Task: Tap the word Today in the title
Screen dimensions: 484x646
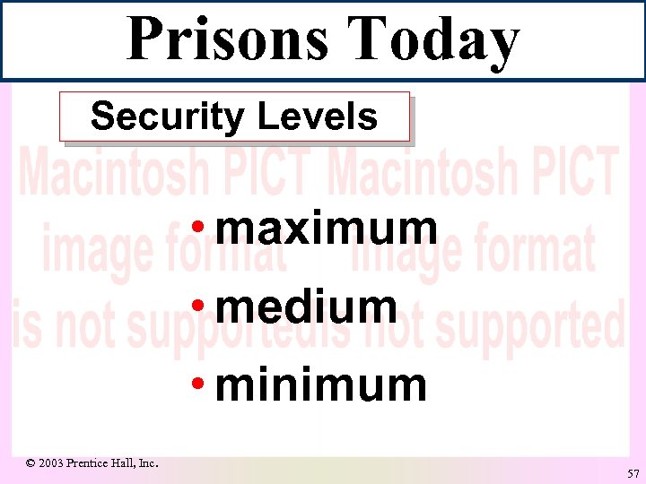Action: coord(433,41)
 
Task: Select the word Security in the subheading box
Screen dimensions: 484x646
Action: coord(168,117)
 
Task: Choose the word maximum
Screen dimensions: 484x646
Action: coord(327,229)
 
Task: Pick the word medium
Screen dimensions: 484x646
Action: coord(307,307)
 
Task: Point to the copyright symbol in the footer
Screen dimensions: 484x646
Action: coord(31,463)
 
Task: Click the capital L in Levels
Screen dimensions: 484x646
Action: coord(266,117)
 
